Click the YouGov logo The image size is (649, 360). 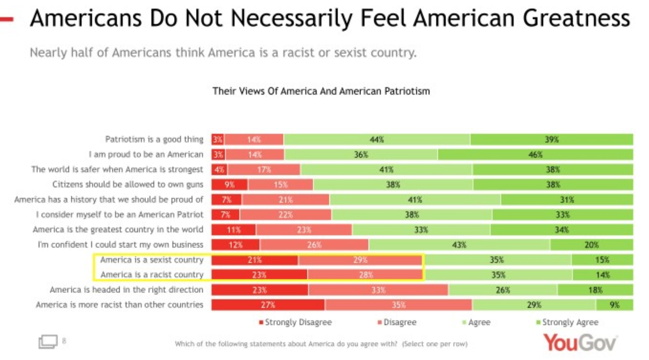pyautogui.click(x=580, y=342)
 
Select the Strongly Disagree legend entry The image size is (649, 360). pyautogui.click(x=295, y=322)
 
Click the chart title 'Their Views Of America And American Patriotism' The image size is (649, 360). pyautogui.click(x=321, y=91)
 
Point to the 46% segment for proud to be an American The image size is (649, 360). pyautogui.click(x=535, y=154)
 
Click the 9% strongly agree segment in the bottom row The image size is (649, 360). pyautogui.click(x=614, y=305)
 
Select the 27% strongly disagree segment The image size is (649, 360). pyautogui.click(x=268, y=305)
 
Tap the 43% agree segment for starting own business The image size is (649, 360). pyautogui.click(x=459, y=245)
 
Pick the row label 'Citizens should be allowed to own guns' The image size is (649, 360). pyautogui.click(x=128, y=184)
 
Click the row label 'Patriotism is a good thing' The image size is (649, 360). pyautogui.click(x=154, y=139)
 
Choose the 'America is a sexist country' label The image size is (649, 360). pyautogui.click(x=152, y=260)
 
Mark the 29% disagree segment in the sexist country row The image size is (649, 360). pyautogui.click(x=360, y=260)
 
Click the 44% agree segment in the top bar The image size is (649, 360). pyautogui.click(x=377, y=139)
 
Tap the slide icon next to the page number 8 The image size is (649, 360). pyautogui.click(x=48, y=341)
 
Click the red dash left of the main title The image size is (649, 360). pyautogui.click(x=7, y=19)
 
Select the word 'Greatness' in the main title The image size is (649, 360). pyautogui.click(x=576, y=18)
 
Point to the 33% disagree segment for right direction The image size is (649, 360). pyautogui.click(x=378, y=290)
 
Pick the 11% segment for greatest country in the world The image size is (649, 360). pyautogui.click(x=233, y=230)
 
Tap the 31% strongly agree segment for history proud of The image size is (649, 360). pyautogui.click(x=567, y=200)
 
